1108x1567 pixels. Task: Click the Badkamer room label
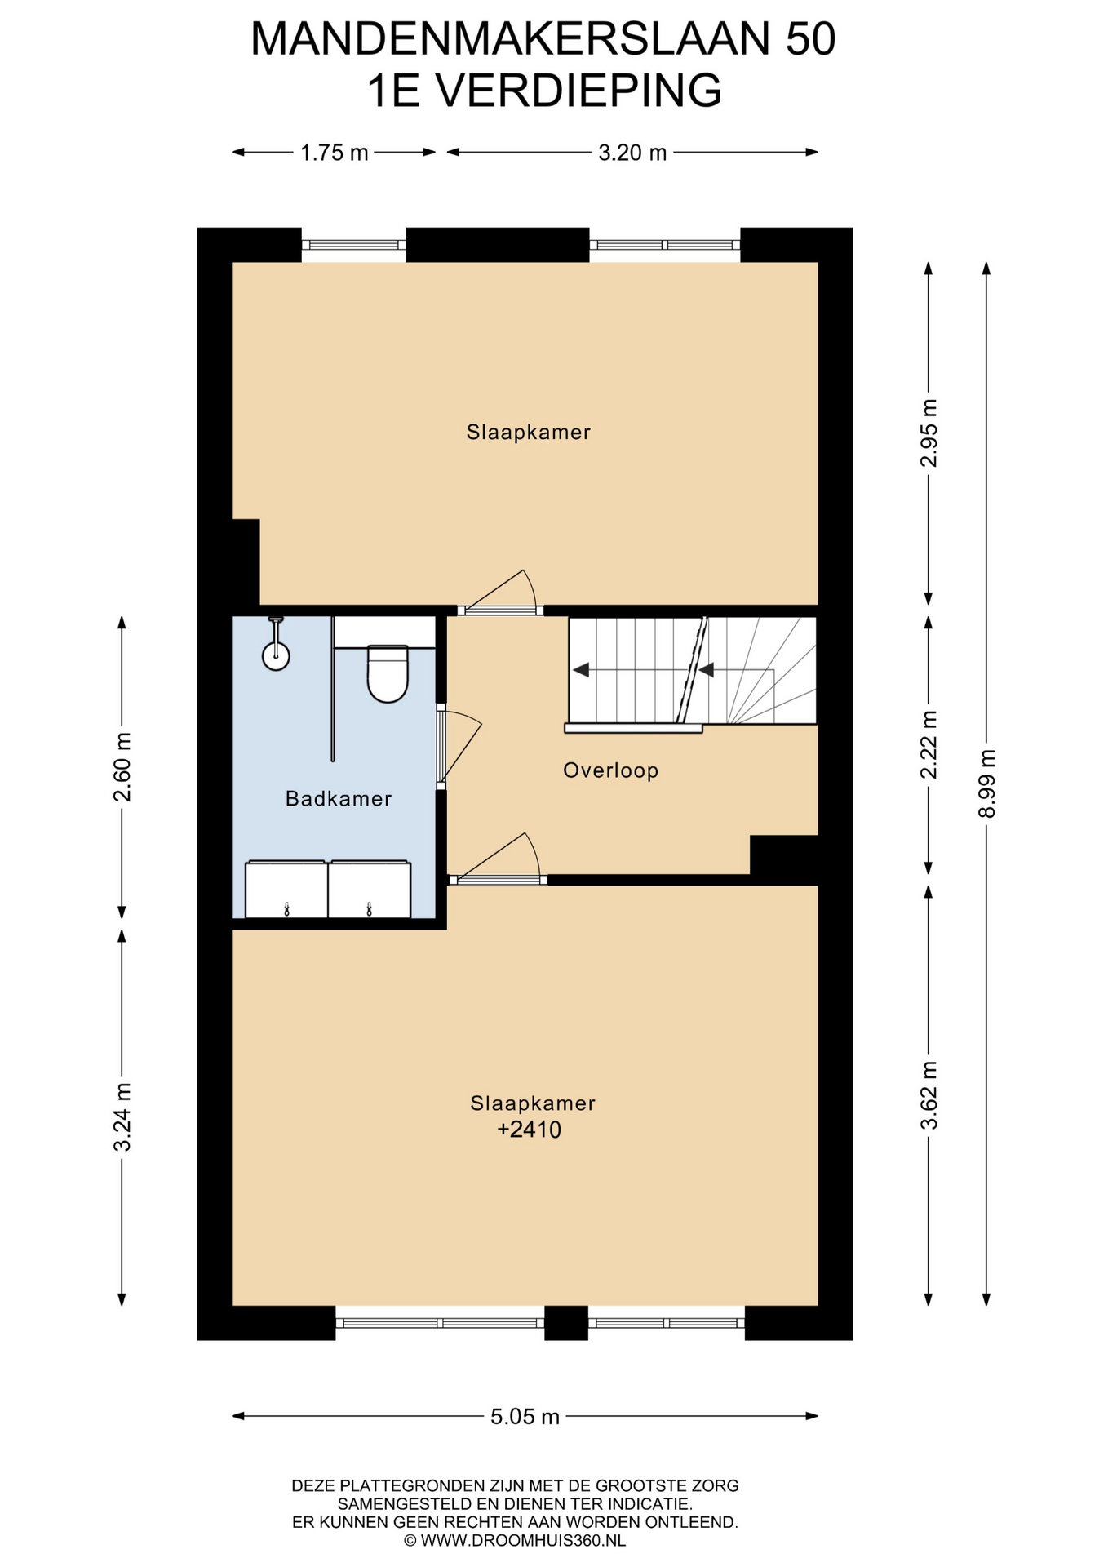point(339,798)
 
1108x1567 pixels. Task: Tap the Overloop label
point(610,770)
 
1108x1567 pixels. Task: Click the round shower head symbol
point(277,655)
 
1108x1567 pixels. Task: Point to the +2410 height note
point(530,1130)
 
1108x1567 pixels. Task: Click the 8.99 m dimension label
point(986,783)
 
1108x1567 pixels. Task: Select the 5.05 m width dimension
point(525,1416)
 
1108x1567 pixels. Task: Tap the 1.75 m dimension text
point(335,153)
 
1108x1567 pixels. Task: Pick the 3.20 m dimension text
point(632,153)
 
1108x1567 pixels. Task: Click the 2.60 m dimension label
point(122,767)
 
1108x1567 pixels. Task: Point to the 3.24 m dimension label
point(122,1116)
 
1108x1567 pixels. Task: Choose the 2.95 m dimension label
point(929,433)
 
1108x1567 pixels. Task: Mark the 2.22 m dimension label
point(929,744)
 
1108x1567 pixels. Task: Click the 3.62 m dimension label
point(929,1095)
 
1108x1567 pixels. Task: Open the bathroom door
point(459,747)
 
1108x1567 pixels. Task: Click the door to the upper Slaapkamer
point(499,594)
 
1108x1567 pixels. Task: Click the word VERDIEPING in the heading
point(578,91)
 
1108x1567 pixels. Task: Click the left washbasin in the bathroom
point(286,889)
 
